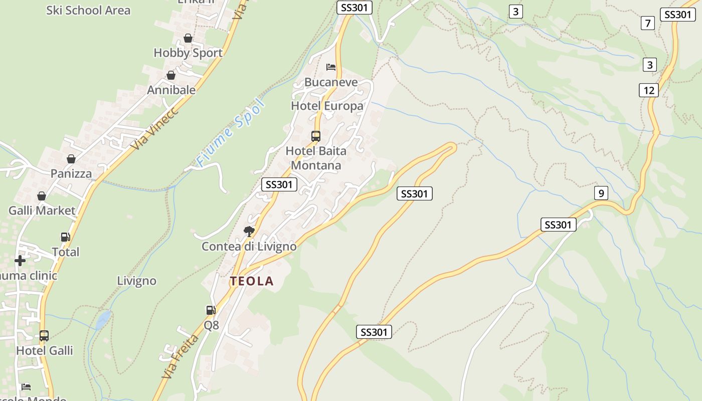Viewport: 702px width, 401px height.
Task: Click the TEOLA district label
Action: [x=252, y=281]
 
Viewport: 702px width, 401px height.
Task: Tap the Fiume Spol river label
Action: [x=230, y=133]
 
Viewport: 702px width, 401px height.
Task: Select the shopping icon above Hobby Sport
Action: [x=188, y=38]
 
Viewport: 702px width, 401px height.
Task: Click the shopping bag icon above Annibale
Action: [x=171, y=75]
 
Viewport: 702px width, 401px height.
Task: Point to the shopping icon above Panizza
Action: [x=71, y=159]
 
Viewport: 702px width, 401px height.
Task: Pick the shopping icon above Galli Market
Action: [x=42, y=196]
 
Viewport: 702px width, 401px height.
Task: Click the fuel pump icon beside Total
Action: [x=65, y=237]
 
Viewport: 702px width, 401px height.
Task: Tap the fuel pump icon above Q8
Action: [x=211, y=310]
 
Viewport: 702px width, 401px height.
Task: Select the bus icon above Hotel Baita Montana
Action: [x=316, y=136]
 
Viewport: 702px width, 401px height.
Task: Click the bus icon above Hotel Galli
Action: [x=44, y=335]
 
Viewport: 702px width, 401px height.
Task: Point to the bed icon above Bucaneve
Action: [x=331, y=67]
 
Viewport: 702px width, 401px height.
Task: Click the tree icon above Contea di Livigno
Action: [x=249, y=231]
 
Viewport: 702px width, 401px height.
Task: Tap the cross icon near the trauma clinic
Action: [x=20, y=261]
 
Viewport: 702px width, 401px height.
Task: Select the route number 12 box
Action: [x=649, y=90]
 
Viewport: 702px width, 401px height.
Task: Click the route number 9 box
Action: [x=600, y=192]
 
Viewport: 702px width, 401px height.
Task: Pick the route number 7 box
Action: [x=648, y=23]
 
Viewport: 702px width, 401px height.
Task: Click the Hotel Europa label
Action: [x=327, y=106]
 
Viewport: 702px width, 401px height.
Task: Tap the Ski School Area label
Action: [x=88, y=10]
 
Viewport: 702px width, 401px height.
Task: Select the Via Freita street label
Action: [x=180, y=356]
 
